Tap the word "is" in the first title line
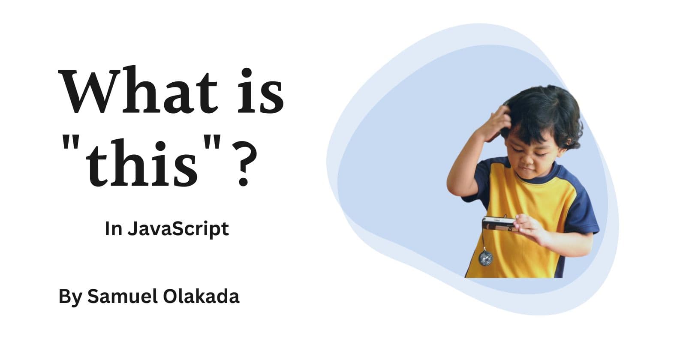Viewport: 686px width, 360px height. point(261,90)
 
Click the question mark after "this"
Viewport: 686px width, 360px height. point(244,163)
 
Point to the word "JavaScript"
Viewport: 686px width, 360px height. point(178,229)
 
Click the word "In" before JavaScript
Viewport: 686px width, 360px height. point(113,229)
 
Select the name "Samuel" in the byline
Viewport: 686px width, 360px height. point(123,296)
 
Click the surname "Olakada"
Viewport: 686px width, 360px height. point(201,296)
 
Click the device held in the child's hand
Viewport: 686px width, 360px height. point(499,223)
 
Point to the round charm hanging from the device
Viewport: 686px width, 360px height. point(486,258)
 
